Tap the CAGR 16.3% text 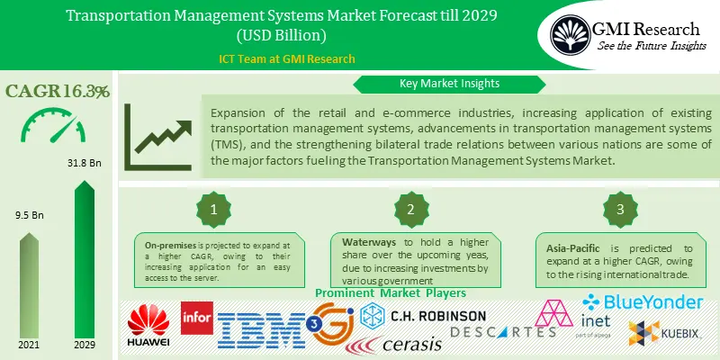pyautogui.click(x=58, y=91)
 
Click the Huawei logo pyautogui.click(x=148, y=328)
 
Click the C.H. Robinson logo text pyautogui.click(x=437, y=317)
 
